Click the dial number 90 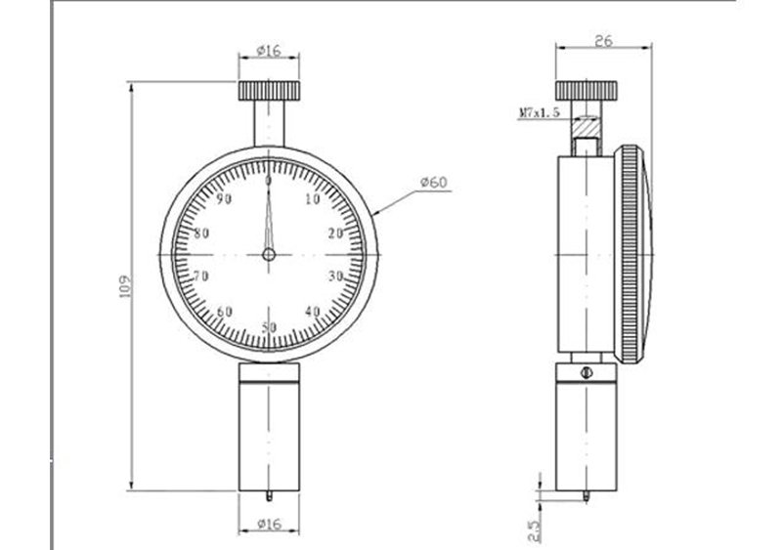[225, 199]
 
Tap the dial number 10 [312, 199]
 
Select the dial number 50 [269, 327]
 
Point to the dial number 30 [335, 275]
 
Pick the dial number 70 [201, 275]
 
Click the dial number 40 [312, 312]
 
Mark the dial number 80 [201, 233]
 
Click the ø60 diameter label [434, 183]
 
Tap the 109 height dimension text [125, 285]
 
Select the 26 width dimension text [603, 40]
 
